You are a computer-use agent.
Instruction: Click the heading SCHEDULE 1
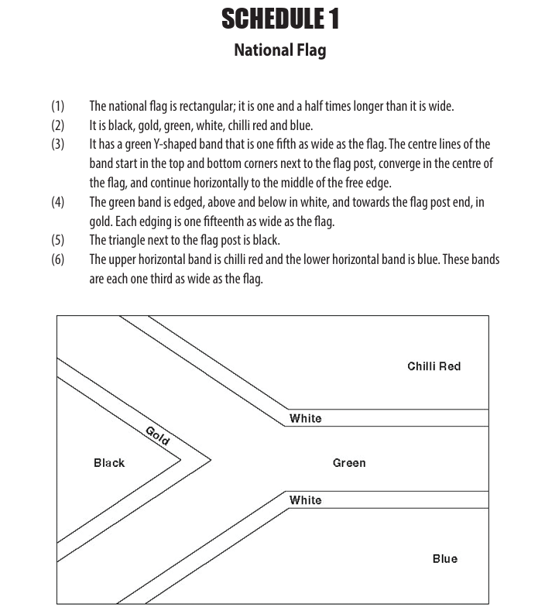point(279,19)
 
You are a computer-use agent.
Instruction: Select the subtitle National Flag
point(279,51)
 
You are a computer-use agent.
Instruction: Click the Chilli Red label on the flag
point(434,366)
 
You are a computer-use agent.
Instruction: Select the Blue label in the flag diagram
point(444,558)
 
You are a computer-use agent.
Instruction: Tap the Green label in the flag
point(349,463)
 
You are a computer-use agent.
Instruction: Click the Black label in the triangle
point(109,463)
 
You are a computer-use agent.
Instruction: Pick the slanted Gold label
point(157,435)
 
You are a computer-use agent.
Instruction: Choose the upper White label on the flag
point(305,419)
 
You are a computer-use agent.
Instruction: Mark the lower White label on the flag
point(305,500)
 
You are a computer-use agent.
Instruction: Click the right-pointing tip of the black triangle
point(180,459)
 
